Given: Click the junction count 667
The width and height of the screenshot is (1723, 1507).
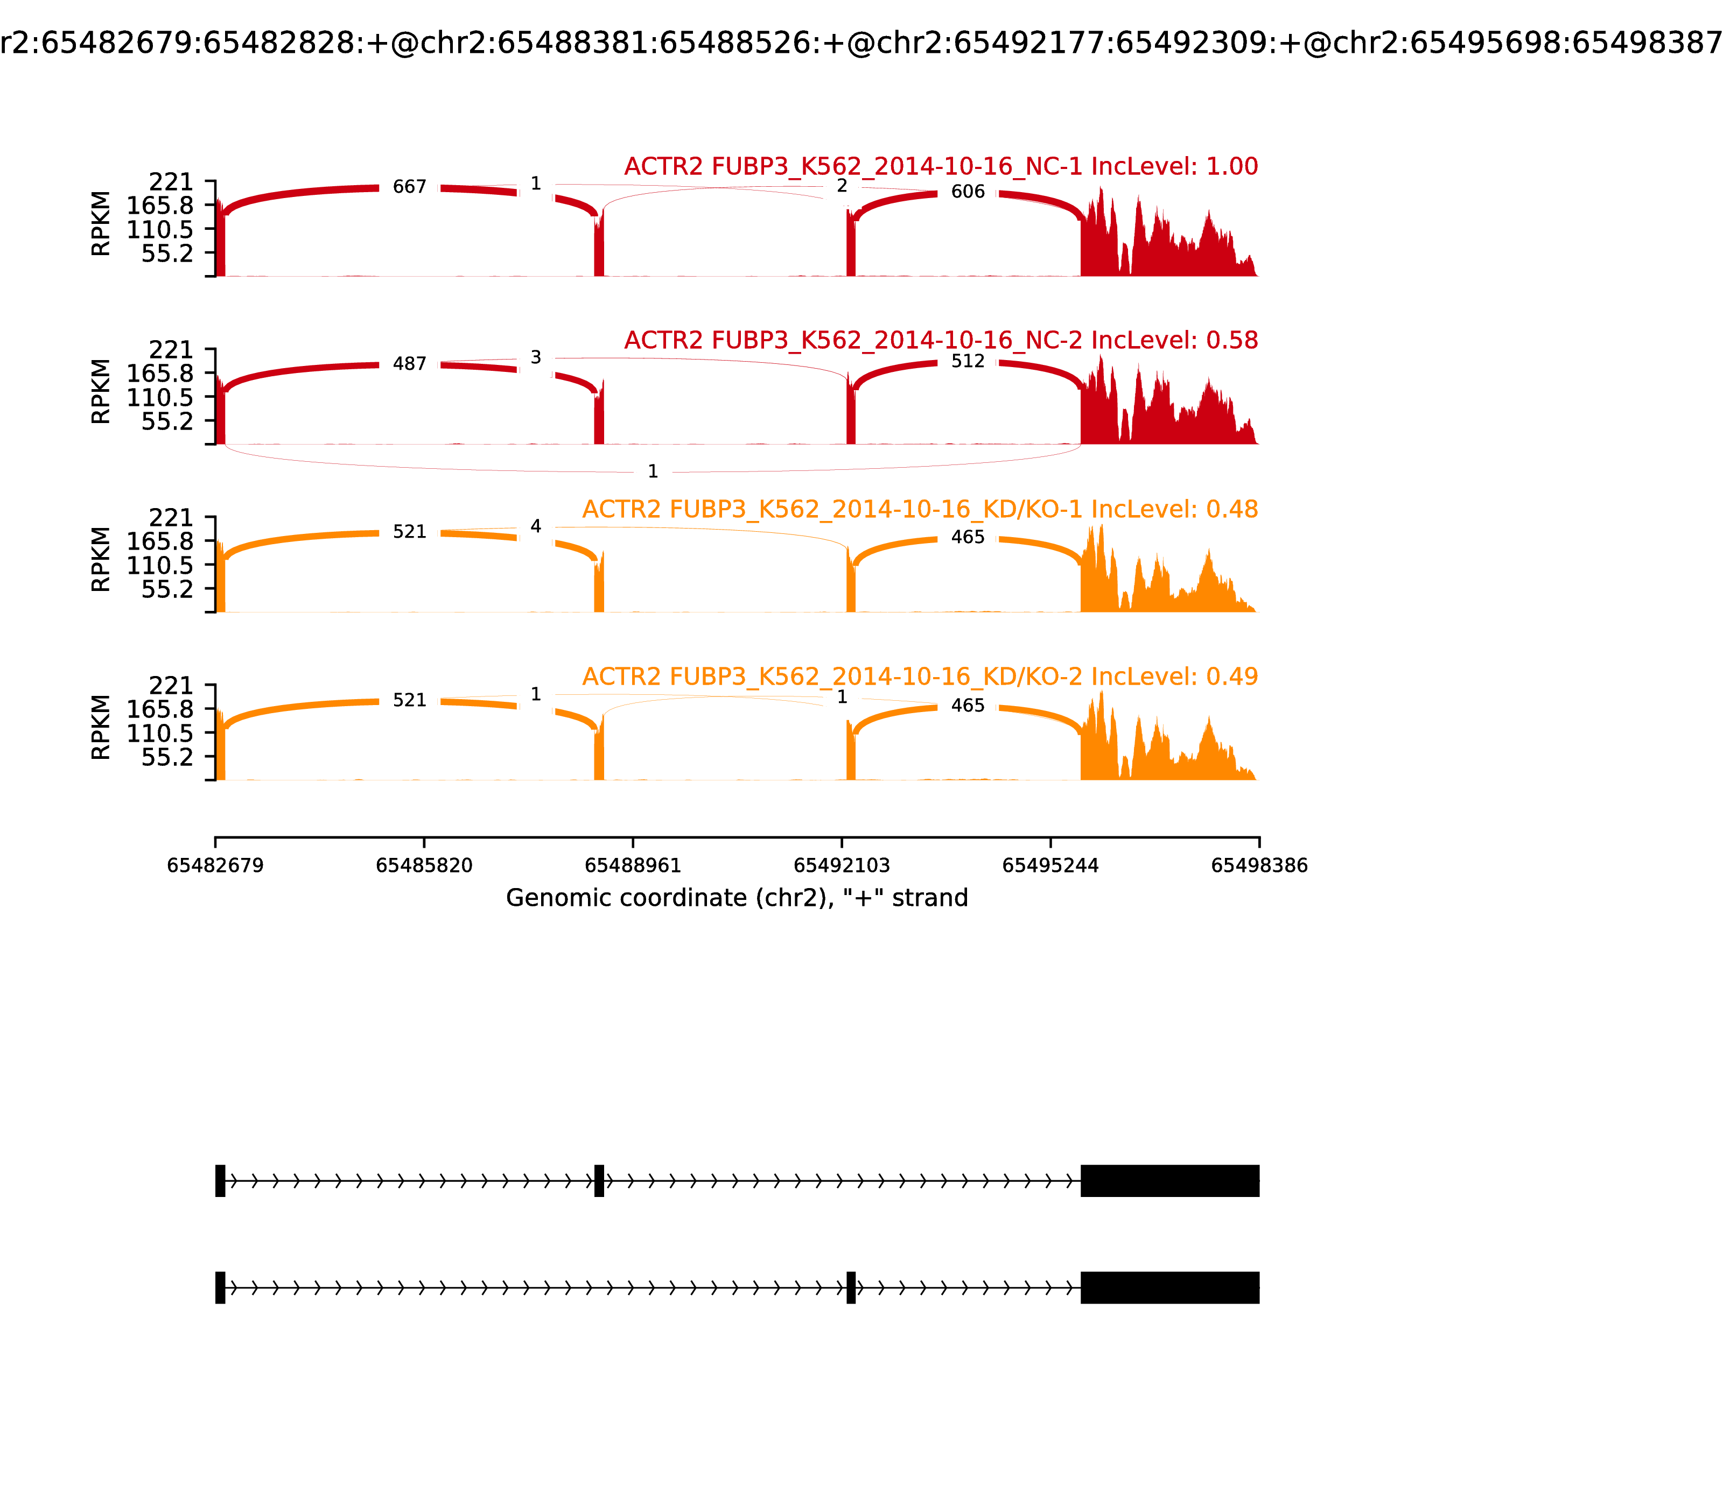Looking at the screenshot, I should pos(410,187).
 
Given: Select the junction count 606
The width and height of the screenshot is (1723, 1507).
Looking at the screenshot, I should pos(968,192).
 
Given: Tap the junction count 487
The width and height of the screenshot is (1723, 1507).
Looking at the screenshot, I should pos(410,364).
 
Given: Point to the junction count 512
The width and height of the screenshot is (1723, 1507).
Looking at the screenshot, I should pos(968,362).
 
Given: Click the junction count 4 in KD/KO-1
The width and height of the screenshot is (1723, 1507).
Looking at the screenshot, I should pos(536,526).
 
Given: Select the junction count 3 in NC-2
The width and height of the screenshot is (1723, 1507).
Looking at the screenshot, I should pos(536,358).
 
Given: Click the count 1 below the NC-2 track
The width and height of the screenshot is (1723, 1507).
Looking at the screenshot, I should pos(653,472).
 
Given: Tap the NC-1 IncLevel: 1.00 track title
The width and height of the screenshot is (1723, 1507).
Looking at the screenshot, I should pos(941,166).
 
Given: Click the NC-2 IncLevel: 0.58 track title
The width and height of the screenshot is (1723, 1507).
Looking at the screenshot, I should pos(941,341).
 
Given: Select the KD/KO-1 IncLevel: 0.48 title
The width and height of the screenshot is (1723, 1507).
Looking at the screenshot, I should pos(920,510).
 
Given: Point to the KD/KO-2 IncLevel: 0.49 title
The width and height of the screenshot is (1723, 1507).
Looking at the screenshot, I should pos(920,677).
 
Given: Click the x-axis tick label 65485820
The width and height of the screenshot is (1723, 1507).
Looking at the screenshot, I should pos(424,865).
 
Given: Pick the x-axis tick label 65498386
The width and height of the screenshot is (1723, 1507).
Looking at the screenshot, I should pos(1259,865).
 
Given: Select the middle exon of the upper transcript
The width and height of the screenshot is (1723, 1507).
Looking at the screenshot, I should pos(599,1181).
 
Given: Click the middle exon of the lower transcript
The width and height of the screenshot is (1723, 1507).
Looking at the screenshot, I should pos(851,1287).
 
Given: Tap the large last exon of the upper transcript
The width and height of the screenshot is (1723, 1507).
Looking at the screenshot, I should pos(1169,1181).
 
